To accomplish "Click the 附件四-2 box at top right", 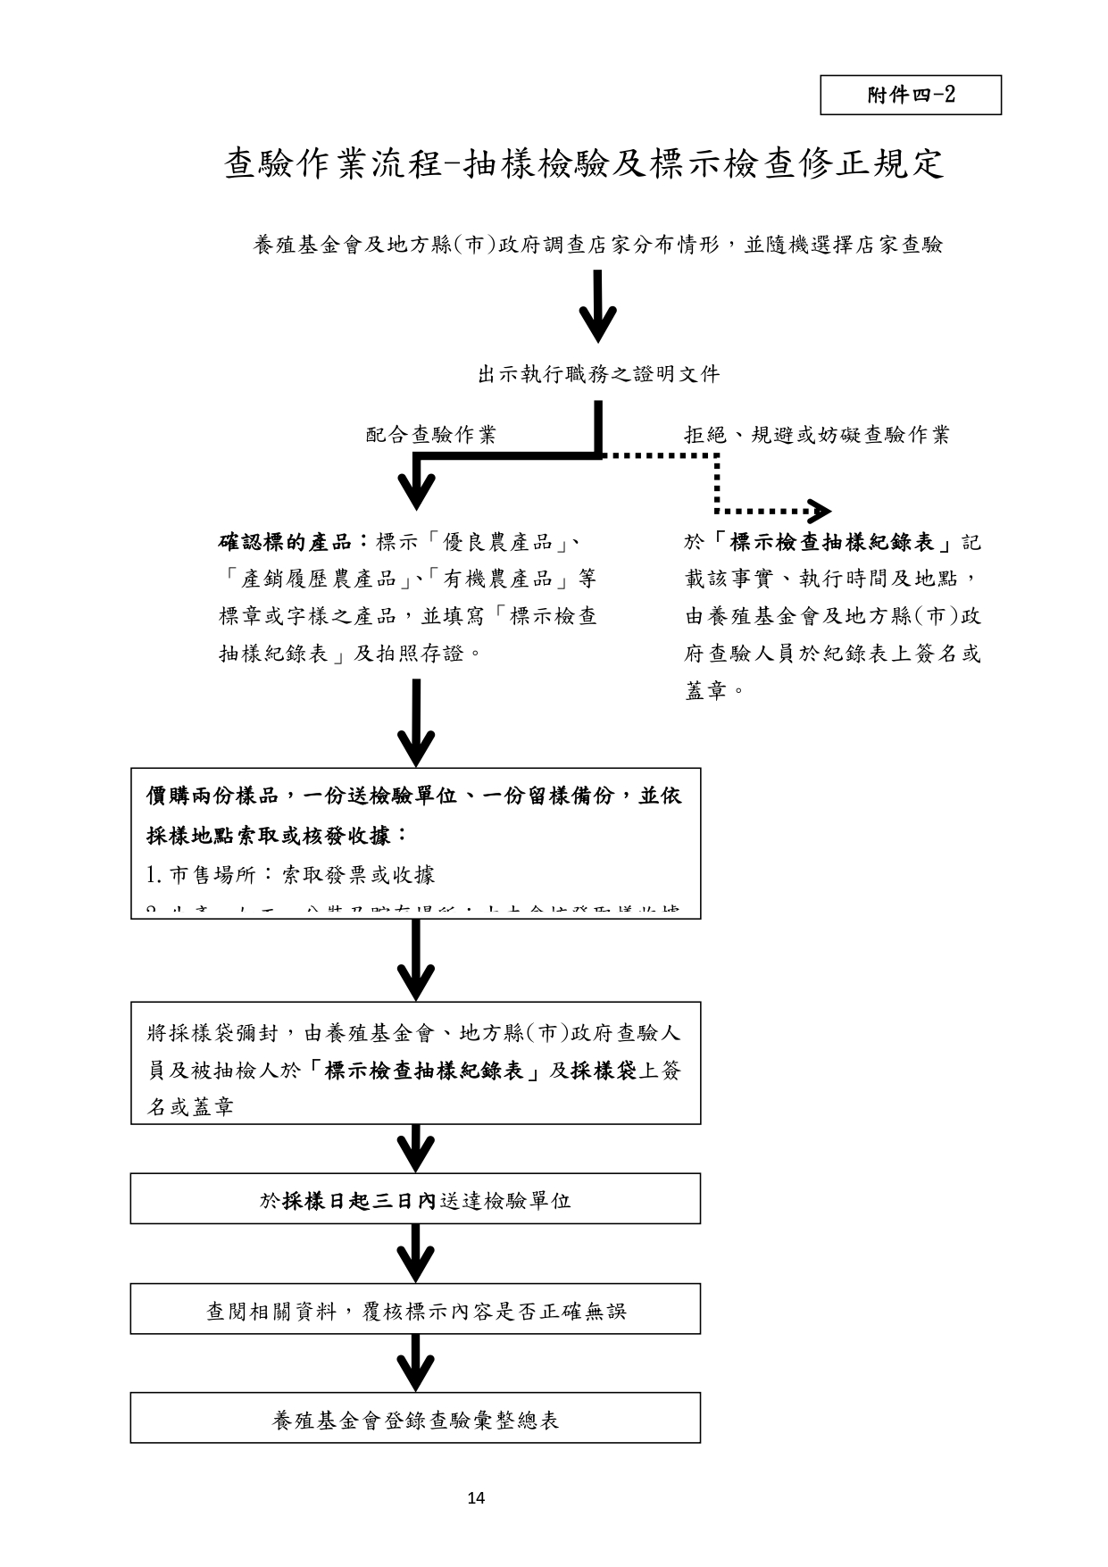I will click(911, 95).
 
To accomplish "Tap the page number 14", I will click(476, 1498).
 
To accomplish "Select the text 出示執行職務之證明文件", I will click(598, 375).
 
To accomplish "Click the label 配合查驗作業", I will click(431, 436).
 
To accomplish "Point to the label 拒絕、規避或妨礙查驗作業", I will click(816, 436).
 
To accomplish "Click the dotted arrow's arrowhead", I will click(820, 512).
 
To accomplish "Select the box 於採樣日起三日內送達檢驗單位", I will click(415, 1199).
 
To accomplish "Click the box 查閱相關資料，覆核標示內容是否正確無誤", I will click(415, 1310).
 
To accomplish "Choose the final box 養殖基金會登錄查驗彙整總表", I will click(415, 1419).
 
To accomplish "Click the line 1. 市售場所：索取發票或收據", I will click(291, 875).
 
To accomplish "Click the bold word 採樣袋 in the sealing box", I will click(604, 1071).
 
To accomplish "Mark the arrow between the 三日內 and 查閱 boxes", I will click(416, 1253).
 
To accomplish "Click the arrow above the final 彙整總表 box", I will click(416, 1363).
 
